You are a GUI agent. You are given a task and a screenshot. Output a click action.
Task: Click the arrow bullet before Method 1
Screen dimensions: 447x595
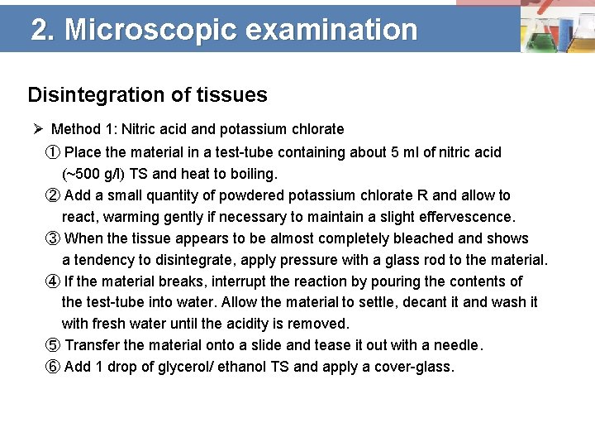[38, 129]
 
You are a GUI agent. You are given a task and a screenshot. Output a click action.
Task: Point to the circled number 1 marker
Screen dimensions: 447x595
[52, 152]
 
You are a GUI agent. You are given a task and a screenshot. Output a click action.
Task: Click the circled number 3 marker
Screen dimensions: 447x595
[52, 238]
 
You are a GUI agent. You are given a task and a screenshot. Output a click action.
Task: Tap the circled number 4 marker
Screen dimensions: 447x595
[52, 281]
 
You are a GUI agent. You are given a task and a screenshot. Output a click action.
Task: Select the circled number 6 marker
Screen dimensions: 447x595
[52, 368]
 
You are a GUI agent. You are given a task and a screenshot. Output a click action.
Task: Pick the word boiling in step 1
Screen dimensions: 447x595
[253, 174]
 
